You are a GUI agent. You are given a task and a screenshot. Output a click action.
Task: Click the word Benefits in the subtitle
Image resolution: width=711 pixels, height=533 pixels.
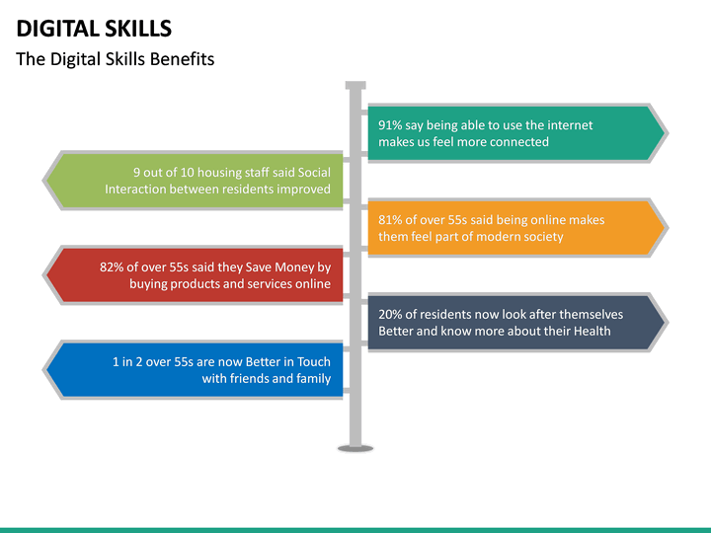click(182, 59)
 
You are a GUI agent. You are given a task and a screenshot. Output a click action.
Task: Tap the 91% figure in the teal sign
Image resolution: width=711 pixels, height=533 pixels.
click(391, 125)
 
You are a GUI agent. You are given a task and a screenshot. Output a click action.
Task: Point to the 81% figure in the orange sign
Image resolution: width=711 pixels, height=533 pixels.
click(391, 220)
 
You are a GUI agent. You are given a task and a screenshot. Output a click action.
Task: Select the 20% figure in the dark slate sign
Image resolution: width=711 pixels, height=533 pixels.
click(391, 315)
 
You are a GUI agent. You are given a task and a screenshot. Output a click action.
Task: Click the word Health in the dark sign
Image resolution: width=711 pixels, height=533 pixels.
click(591, 332)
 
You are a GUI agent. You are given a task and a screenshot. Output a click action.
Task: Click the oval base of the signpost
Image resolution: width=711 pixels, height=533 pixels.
click(355, 448)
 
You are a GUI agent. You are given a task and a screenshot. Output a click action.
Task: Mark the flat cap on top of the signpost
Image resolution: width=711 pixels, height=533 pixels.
click(355, 86)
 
